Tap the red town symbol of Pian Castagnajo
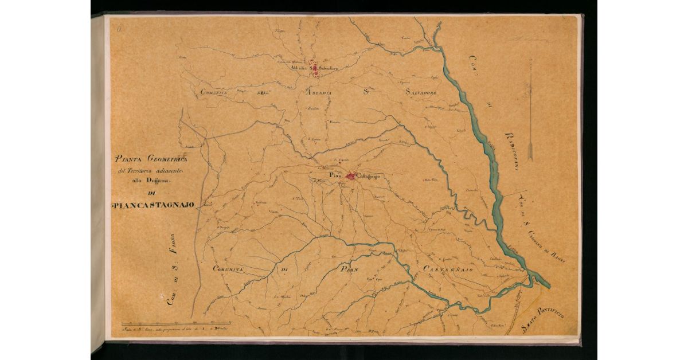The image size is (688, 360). pyautogui.click(x=350, y=176)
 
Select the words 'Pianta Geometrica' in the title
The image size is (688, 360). pyautogui.click(x=148, y=159)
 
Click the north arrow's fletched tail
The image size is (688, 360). pyautogui.click(x=530, y=150)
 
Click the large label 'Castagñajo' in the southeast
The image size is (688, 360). pyautogui.click(x=448, y=269)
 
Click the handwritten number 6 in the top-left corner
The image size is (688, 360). pyautogui.click(x=115, y=26)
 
